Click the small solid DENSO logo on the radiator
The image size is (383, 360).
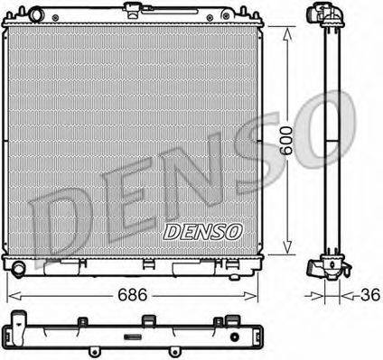[x=203, y=231]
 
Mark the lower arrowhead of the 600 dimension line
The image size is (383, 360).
[x=288, y=252]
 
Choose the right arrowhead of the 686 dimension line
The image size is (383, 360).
[x=270, y=295]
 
